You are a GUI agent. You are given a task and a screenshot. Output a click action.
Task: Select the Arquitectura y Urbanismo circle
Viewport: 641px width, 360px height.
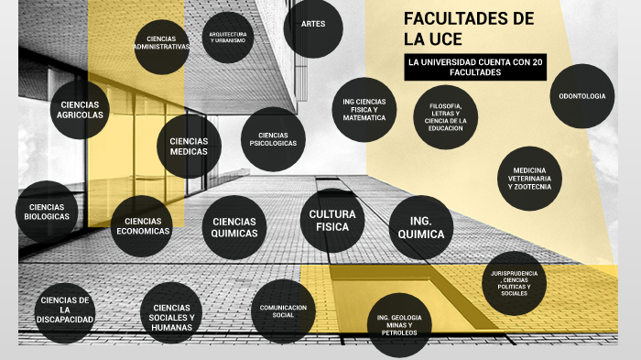click(x=227, y=37)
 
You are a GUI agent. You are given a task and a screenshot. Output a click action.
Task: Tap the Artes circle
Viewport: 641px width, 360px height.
click(x=313, y=24)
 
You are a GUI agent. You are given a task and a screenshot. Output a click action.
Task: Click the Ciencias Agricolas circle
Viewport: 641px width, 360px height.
click(x=80, y=110)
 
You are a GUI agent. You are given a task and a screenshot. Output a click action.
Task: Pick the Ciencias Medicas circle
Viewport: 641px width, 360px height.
click(x=188, y=147)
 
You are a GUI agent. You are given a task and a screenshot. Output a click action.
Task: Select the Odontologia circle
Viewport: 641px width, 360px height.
click(x=582, y=95)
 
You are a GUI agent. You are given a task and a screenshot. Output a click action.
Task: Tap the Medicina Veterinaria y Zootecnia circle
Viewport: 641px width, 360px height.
click(x=529, y=178)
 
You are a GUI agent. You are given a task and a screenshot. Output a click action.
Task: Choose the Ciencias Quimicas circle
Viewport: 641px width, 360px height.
click(x=234, y=227)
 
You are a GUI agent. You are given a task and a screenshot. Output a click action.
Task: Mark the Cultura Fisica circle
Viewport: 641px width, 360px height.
click(x=332, y=221)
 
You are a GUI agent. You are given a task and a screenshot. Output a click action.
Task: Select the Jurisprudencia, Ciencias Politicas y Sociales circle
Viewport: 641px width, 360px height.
click(x=514, y=283)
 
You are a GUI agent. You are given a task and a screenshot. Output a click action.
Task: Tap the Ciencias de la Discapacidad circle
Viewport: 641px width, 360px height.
click(x=65, y=311)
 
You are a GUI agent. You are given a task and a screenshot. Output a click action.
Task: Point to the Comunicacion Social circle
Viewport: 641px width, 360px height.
click(x=283, y=311)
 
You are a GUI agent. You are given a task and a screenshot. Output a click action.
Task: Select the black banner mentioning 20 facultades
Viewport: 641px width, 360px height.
click(x=474, y=67)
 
